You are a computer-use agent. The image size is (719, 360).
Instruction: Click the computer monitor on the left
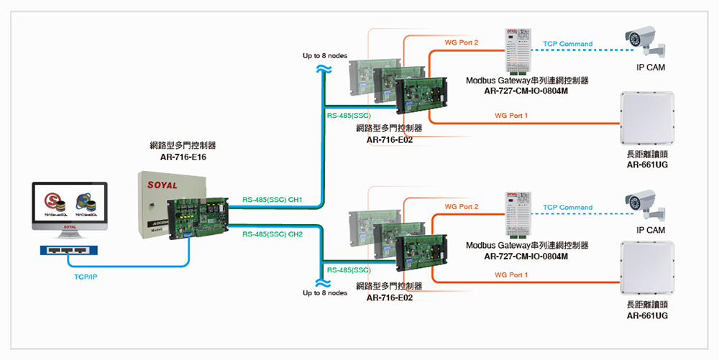tap(70, 206)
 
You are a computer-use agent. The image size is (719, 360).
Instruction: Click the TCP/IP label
tap(86, 276)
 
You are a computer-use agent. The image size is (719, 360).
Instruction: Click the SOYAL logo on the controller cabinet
tap(162, 185)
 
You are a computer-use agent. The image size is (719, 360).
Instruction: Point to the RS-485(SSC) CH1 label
tap(273, 200)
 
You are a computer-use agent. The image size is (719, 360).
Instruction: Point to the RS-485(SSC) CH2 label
tap(273, 234)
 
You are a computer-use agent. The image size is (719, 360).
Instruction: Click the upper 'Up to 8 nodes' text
tap(325, 55)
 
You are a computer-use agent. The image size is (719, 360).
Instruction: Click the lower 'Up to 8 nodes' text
tap(325, 293)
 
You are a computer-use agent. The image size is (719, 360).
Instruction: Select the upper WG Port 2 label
tap(462, 43)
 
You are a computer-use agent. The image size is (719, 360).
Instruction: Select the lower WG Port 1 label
tap(511, 274)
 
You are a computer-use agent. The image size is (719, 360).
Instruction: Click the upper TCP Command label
tap(567, 44)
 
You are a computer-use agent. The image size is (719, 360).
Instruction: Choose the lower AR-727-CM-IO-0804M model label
tap(526, 256)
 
